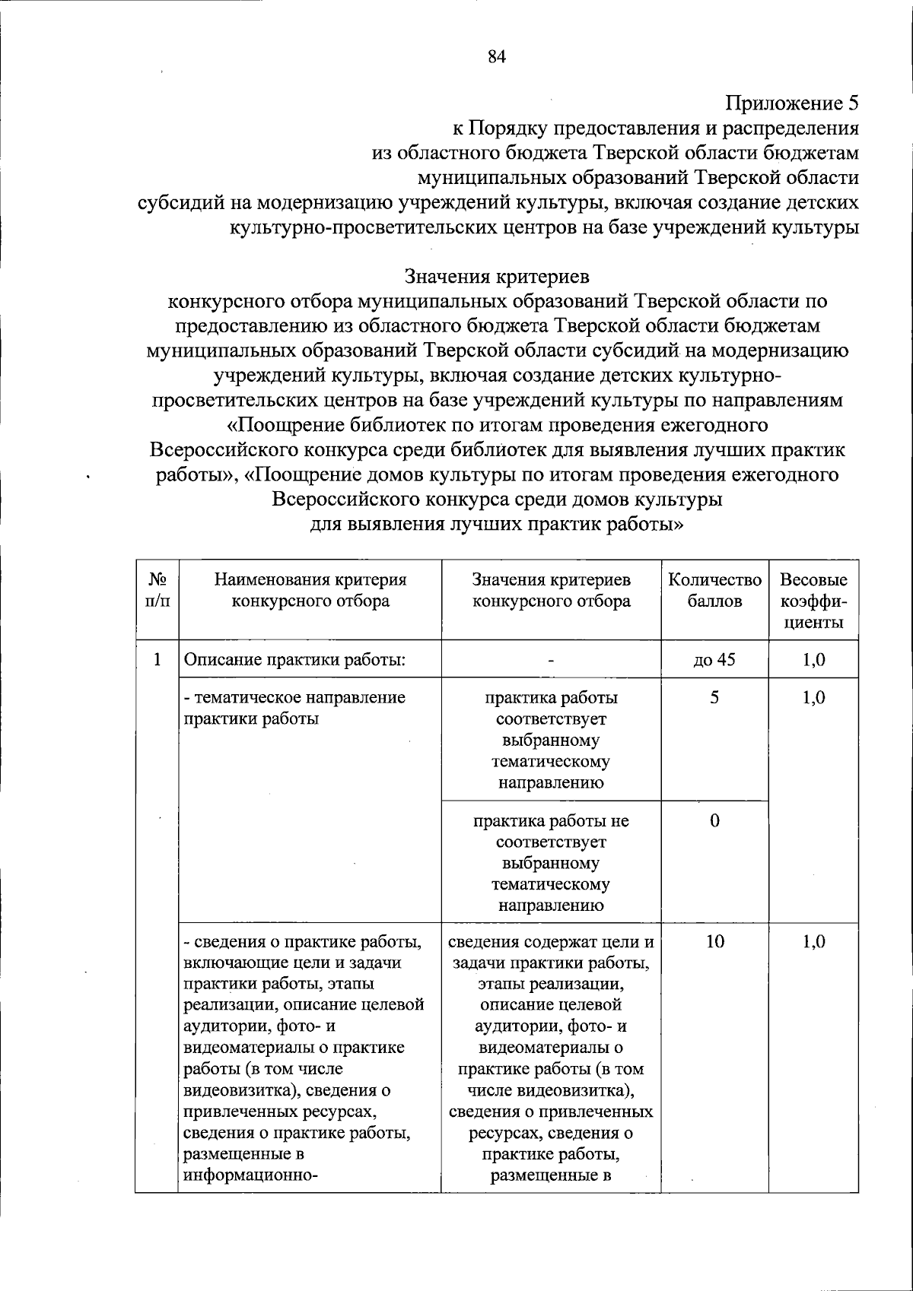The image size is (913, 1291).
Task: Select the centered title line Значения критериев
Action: point(497,275)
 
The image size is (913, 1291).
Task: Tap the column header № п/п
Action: point(157,590)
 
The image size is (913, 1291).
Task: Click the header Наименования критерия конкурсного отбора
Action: point(310,590)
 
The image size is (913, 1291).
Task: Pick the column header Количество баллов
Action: point(714,590)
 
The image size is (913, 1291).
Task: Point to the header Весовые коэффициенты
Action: point(813,601)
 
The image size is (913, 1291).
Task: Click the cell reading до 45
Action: point(714,659)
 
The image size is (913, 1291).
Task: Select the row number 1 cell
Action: point(157,659)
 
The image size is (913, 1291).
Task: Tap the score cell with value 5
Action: point(714,697)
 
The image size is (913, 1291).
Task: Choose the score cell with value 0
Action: point(714,820)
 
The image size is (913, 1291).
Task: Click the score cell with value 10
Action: point(714,942)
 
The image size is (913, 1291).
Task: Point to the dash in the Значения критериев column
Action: point(551,660)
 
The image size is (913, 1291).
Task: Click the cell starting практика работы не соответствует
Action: point(551,862)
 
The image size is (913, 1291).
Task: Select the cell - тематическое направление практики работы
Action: point(294,708)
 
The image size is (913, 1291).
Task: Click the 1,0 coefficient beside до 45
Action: point(813,659)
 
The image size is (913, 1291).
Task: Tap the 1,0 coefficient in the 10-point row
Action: point(813,942)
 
